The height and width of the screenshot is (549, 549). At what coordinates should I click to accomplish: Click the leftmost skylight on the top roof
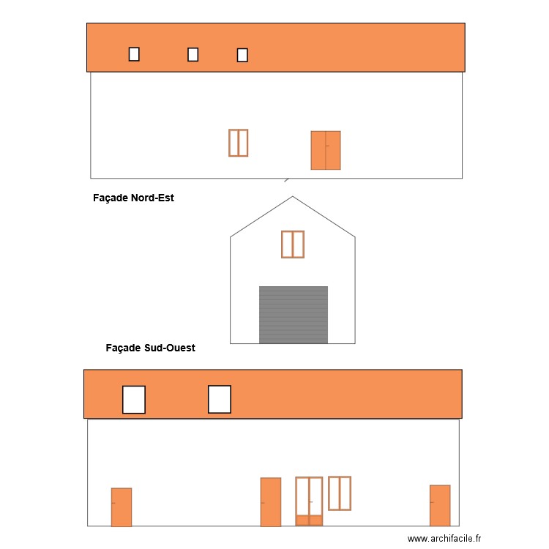tap(134, 53)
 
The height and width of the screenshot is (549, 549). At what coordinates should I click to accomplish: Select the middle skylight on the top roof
tap(193, 54)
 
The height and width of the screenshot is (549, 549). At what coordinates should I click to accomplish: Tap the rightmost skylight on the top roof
tap(242, 55)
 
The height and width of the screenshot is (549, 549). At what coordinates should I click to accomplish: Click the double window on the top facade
tap(238, 143)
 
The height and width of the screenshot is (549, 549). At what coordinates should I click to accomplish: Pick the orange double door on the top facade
tap(326, 150)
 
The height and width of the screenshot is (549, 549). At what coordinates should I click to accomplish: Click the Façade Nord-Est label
tap(134, 198)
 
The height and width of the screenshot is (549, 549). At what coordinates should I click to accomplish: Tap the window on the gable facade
tap(293, 244)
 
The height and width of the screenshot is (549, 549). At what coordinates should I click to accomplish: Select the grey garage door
tap(294, 315)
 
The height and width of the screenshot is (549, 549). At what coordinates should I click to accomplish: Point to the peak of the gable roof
tap(293, 196)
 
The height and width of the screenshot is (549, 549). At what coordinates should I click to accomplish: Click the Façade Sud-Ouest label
tap(150, 348)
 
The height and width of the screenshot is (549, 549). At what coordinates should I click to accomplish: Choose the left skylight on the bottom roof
tap(134, 400)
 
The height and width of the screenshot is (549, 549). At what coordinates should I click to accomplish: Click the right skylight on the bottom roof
tap(220, 400)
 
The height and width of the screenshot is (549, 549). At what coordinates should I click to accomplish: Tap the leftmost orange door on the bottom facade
tap(122, 507)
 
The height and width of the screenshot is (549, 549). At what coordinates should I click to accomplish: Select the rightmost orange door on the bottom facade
tap(440, 505)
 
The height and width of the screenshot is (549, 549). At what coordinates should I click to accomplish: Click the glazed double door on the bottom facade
tap(310, 501)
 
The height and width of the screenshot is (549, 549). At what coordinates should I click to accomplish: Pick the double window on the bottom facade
tap(340, 493)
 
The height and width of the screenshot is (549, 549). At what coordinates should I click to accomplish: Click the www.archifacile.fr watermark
tap(445, 538)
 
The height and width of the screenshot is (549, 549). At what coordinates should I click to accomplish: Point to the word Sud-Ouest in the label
tap(170, 348)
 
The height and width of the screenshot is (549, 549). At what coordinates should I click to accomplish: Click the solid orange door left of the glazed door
tap(271, 501)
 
